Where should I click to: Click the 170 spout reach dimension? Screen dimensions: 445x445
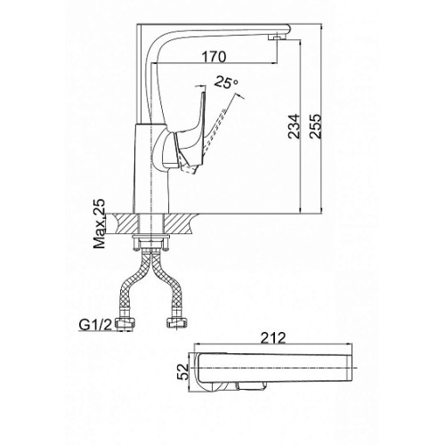click(x=214, y=57)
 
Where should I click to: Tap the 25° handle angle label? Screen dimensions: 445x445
click(x=226, y=82)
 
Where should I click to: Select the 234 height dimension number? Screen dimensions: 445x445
click(x=295, y=125)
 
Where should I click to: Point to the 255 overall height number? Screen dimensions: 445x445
click(x=315, y=125)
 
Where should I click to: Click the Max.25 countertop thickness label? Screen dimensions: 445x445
click(x=100, y=223)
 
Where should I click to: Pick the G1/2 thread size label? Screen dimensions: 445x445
click(x=95, y=325)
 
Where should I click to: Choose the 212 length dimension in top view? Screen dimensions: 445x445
click(x=273, y=338)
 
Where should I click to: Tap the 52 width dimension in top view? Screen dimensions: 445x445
click(x=183, y=371)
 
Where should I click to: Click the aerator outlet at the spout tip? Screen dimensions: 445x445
click(x=277, y=36)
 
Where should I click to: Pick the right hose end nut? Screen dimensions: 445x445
click(x=178, y=323)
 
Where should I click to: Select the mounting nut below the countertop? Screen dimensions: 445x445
click(x=151, y=242)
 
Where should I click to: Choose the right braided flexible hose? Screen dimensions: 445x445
click(x=166, y=283)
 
